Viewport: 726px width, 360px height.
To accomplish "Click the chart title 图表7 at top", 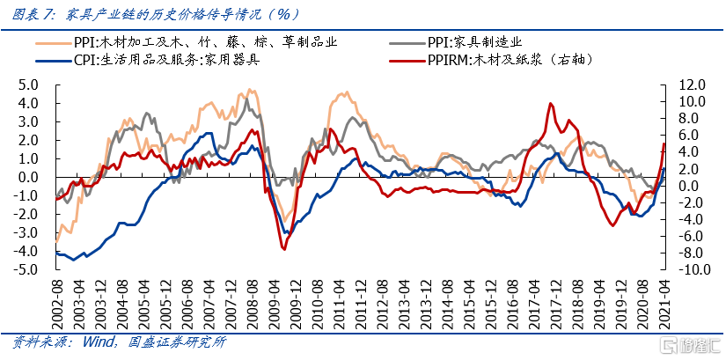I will [34, 13].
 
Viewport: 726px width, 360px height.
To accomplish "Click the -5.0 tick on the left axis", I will [28, 269].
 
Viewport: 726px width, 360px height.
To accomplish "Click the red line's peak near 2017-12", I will [550, 103].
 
